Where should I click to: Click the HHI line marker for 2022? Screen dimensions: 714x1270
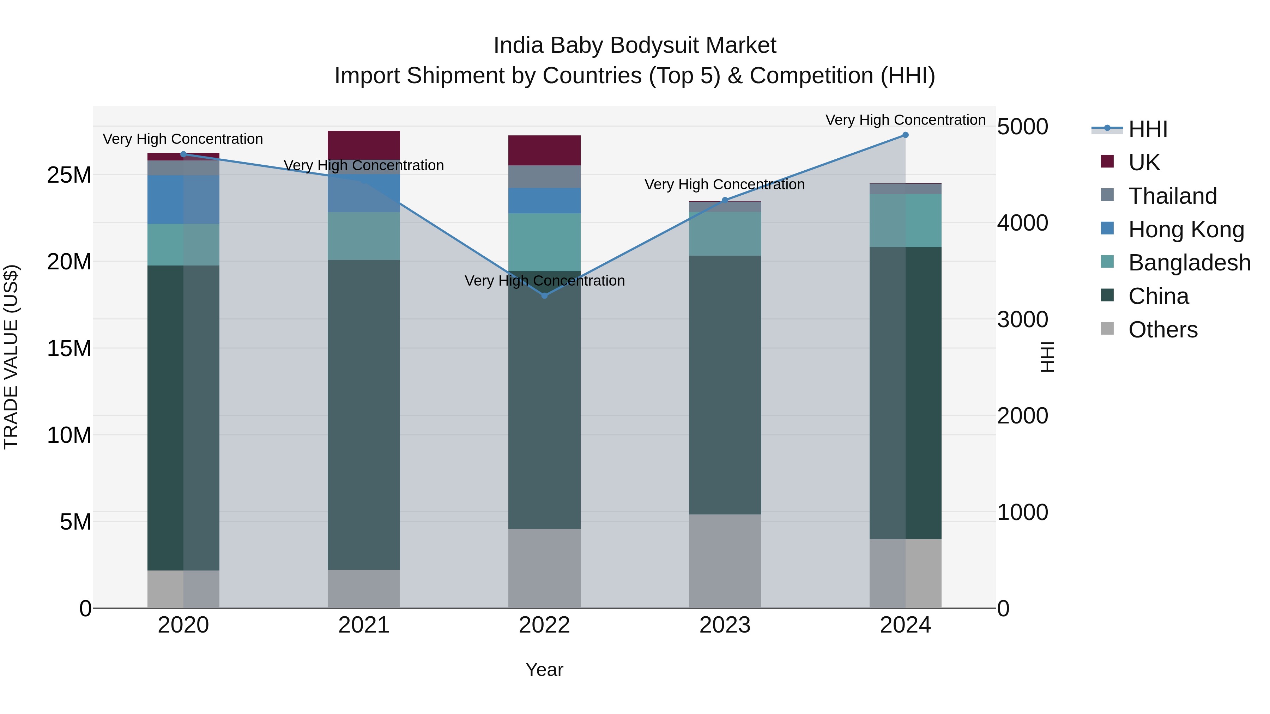[544, 296]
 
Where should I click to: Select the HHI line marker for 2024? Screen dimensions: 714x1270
[905, 135]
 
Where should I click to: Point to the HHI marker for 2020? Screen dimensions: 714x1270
[183, 154]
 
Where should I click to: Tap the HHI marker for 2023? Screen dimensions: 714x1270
[725, 200]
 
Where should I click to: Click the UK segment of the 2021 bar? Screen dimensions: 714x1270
[364, 145]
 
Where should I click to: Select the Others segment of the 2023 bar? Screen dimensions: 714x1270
[725, 561]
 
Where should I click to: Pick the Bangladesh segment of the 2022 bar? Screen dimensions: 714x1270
[544, 242]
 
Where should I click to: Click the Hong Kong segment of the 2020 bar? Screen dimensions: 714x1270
[183, 200]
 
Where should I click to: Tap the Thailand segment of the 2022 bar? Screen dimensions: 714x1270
[544, 176]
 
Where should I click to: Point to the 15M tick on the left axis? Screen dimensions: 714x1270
[69, 348]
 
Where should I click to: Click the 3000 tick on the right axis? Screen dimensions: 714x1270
[1022, 319]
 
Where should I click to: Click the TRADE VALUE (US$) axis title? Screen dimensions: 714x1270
[11, 357]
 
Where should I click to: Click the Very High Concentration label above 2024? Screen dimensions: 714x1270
[905, 120]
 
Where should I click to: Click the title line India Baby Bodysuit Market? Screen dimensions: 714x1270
[635, 45]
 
